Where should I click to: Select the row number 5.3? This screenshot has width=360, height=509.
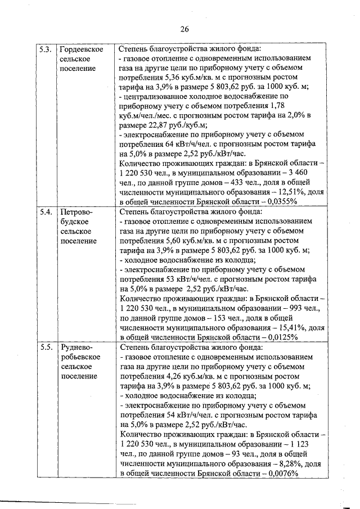pos(46,49)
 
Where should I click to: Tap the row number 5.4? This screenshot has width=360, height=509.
pos(46,212)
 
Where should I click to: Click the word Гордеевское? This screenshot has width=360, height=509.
pos(81,49)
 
